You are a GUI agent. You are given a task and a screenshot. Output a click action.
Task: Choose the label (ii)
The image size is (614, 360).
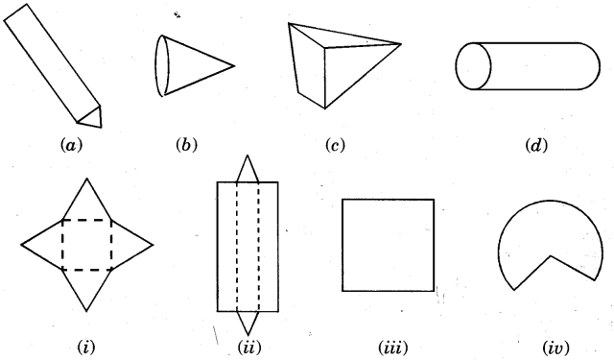[x=248, y=344]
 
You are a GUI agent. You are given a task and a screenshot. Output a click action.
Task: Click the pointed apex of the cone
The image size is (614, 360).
[x=234, y=65]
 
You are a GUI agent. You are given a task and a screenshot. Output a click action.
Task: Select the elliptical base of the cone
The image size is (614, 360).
[x=161, y=65]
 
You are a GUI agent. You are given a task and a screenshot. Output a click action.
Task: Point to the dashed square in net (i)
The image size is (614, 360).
[x=87, y=244]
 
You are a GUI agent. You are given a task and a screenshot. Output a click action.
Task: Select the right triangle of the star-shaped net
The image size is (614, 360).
[x=130, y=244]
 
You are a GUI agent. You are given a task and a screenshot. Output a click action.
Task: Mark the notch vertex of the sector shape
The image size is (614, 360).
[x=549, y=256]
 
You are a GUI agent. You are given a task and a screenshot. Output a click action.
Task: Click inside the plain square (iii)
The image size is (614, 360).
[x=388, y=245]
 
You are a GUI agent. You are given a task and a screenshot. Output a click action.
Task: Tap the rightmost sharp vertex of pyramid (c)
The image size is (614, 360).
[x=400, y=42]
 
